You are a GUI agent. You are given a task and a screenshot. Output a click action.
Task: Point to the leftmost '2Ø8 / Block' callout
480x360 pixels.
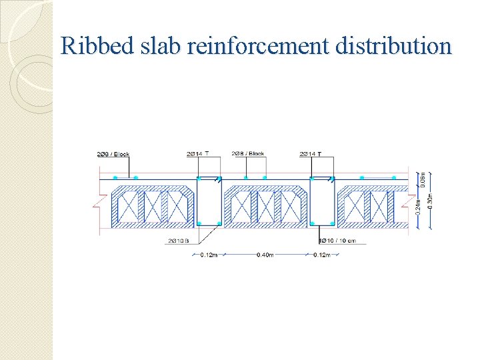pos(113,155)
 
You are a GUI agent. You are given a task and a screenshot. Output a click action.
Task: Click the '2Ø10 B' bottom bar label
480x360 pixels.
pos(178,241)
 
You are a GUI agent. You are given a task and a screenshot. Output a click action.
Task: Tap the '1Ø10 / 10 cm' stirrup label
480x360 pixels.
pos(342,241)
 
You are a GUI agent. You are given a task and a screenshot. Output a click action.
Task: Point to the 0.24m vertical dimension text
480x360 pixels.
pos(418,207)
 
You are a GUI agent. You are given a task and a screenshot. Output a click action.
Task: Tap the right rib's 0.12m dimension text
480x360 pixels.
pos(323,255)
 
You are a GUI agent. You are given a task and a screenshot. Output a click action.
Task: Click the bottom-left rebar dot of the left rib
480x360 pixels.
pos(199,223)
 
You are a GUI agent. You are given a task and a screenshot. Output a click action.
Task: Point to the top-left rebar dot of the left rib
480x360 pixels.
pos(199,178)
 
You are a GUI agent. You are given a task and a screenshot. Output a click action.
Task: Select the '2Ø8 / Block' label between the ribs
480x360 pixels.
pos(248,154)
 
